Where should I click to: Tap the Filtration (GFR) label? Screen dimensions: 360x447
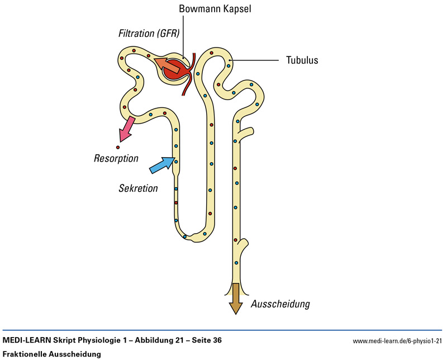(x=148, y=33)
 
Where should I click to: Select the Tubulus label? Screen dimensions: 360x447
(x=302, y=60)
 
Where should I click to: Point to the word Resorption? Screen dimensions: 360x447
(x=116, y=159)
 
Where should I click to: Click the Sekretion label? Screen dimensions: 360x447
(x=138, y=188)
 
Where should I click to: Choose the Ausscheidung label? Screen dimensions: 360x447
(x=280, y=305)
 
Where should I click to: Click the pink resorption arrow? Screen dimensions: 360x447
(x=126, y=128)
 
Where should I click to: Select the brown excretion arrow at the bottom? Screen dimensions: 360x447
(x=235, y=300)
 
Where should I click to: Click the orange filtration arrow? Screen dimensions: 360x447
(x=168, y=65)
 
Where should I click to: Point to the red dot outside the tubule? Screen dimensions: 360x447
(x=118, y=147)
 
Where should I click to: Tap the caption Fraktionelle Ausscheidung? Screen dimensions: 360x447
(x=51, y=354)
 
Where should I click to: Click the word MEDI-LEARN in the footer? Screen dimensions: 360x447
(x=26, y=340)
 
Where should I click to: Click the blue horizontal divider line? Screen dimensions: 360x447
(x=223, y=330)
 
